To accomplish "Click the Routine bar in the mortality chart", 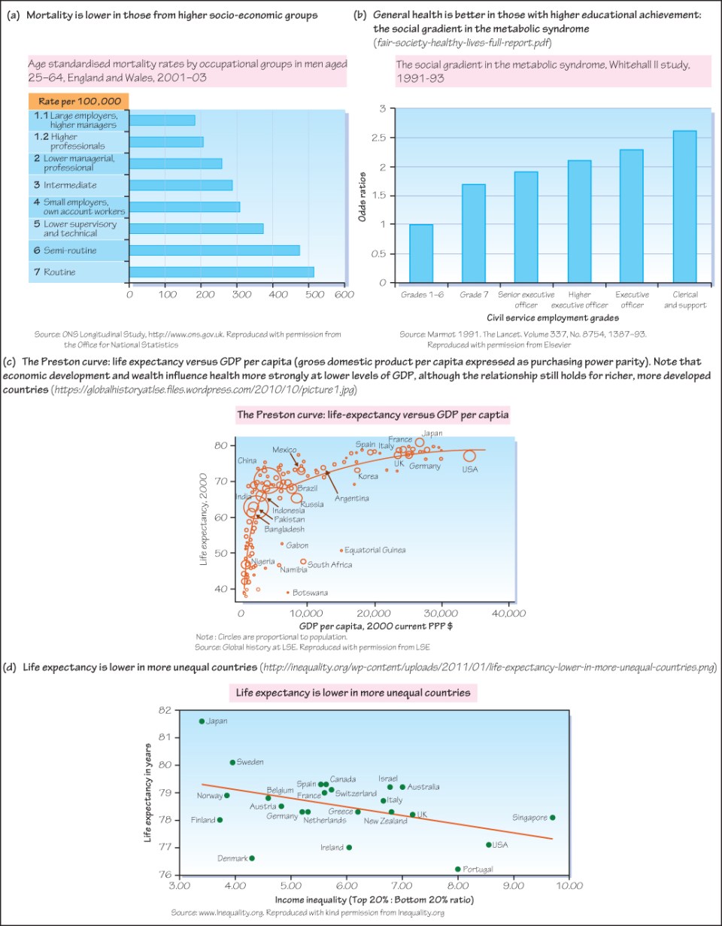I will point(222,272).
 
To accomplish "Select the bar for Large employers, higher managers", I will point(162,120).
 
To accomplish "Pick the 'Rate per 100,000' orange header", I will point(78,101).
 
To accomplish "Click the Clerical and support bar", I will point(685,207).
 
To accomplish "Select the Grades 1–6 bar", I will point(421,254).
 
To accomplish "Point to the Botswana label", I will point(310,593).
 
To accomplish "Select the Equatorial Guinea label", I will point(375,550).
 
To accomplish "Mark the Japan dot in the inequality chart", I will point(202,721).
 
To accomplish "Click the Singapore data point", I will point(552,817).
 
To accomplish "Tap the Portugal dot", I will point(457,869).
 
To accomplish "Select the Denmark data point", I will point(251,858).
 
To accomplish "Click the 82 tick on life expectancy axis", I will point(166,709).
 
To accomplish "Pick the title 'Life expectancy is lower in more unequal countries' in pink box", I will point(353,693).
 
